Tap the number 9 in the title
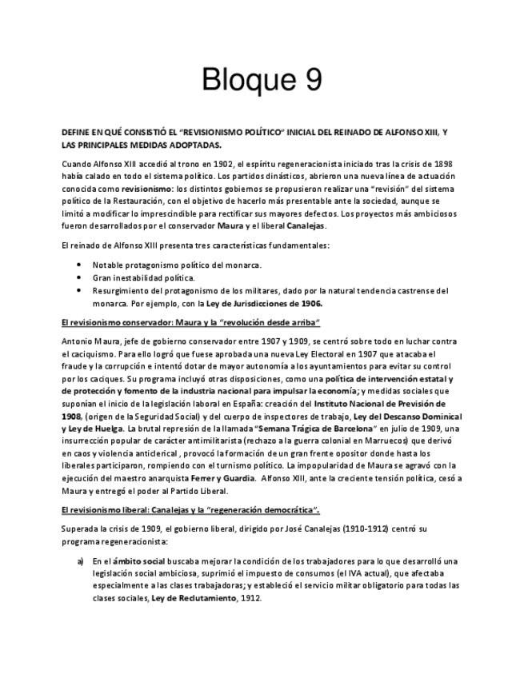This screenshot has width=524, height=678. coord(312,80)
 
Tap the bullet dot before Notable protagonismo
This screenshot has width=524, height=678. coord(78,265)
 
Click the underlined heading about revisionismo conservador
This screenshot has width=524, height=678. coord(190,322)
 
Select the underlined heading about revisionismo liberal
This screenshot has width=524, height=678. coord(190,509)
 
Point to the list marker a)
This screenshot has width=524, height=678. coord(81,560)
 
